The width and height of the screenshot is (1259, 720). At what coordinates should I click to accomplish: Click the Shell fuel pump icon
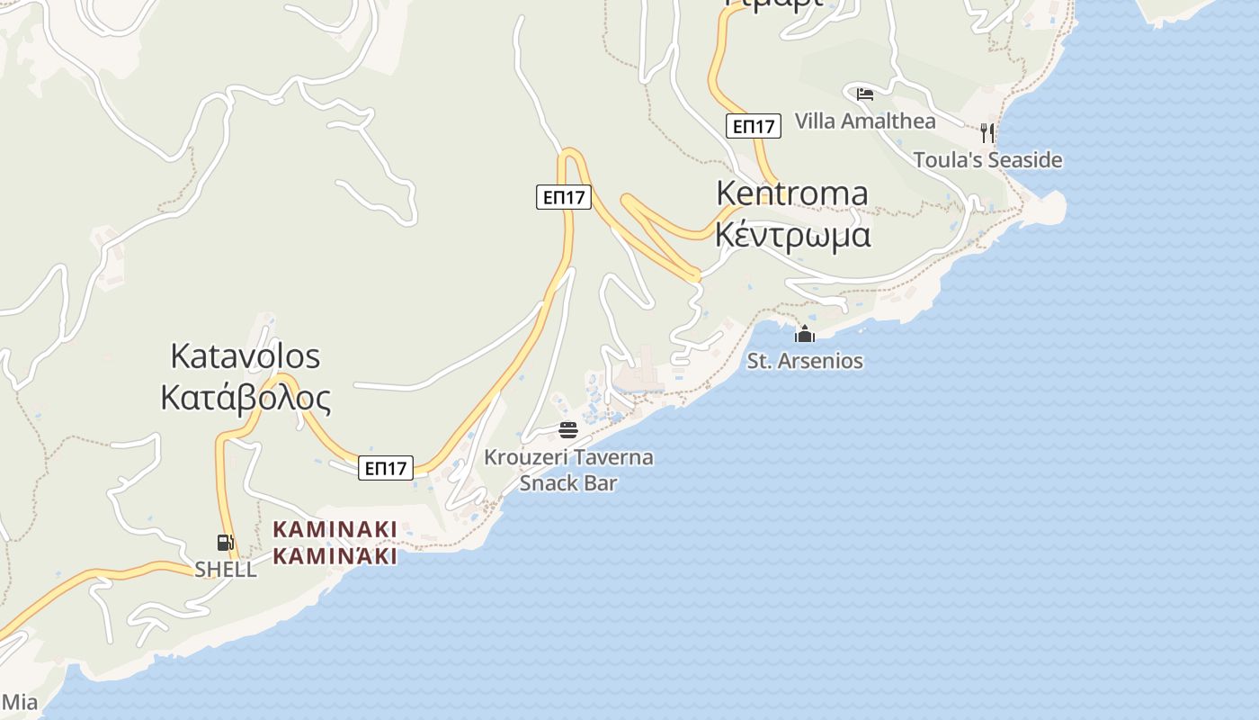(225, 542)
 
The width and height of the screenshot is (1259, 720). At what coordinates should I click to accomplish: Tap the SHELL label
(226, 570)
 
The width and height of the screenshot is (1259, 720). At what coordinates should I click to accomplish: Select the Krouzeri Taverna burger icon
(567, 429)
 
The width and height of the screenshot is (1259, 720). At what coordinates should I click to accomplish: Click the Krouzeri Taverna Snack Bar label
(568, 470)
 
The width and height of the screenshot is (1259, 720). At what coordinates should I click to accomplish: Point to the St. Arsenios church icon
(804, 335)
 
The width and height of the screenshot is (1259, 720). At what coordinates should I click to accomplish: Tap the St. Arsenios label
(805, 361)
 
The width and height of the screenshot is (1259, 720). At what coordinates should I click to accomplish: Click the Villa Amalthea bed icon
(865, 93)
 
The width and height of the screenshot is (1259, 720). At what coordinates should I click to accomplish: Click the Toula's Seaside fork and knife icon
(987, 133)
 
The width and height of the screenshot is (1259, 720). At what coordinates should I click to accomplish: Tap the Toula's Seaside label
(987, 160)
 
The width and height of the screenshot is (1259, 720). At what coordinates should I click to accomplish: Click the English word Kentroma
(792, 193)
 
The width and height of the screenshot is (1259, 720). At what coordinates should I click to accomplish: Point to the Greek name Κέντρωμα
(792, 234)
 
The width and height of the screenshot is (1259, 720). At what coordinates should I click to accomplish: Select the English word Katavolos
(245, 356)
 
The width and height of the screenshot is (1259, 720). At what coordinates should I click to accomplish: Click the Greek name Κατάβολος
(245, 397)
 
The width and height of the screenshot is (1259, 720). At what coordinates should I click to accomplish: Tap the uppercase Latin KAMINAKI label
(335, 529)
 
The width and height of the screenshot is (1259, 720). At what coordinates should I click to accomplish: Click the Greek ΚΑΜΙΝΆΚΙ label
(335, 556)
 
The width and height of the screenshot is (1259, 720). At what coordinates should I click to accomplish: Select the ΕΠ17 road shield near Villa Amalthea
(754, 126)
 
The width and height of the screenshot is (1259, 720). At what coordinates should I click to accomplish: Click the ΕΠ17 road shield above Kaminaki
(385, 468)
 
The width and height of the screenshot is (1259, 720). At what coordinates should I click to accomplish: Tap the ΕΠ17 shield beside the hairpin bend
(564, 197)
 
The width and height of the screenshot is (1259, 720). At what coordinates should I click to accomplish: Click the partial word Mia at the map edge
(19, 702)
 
